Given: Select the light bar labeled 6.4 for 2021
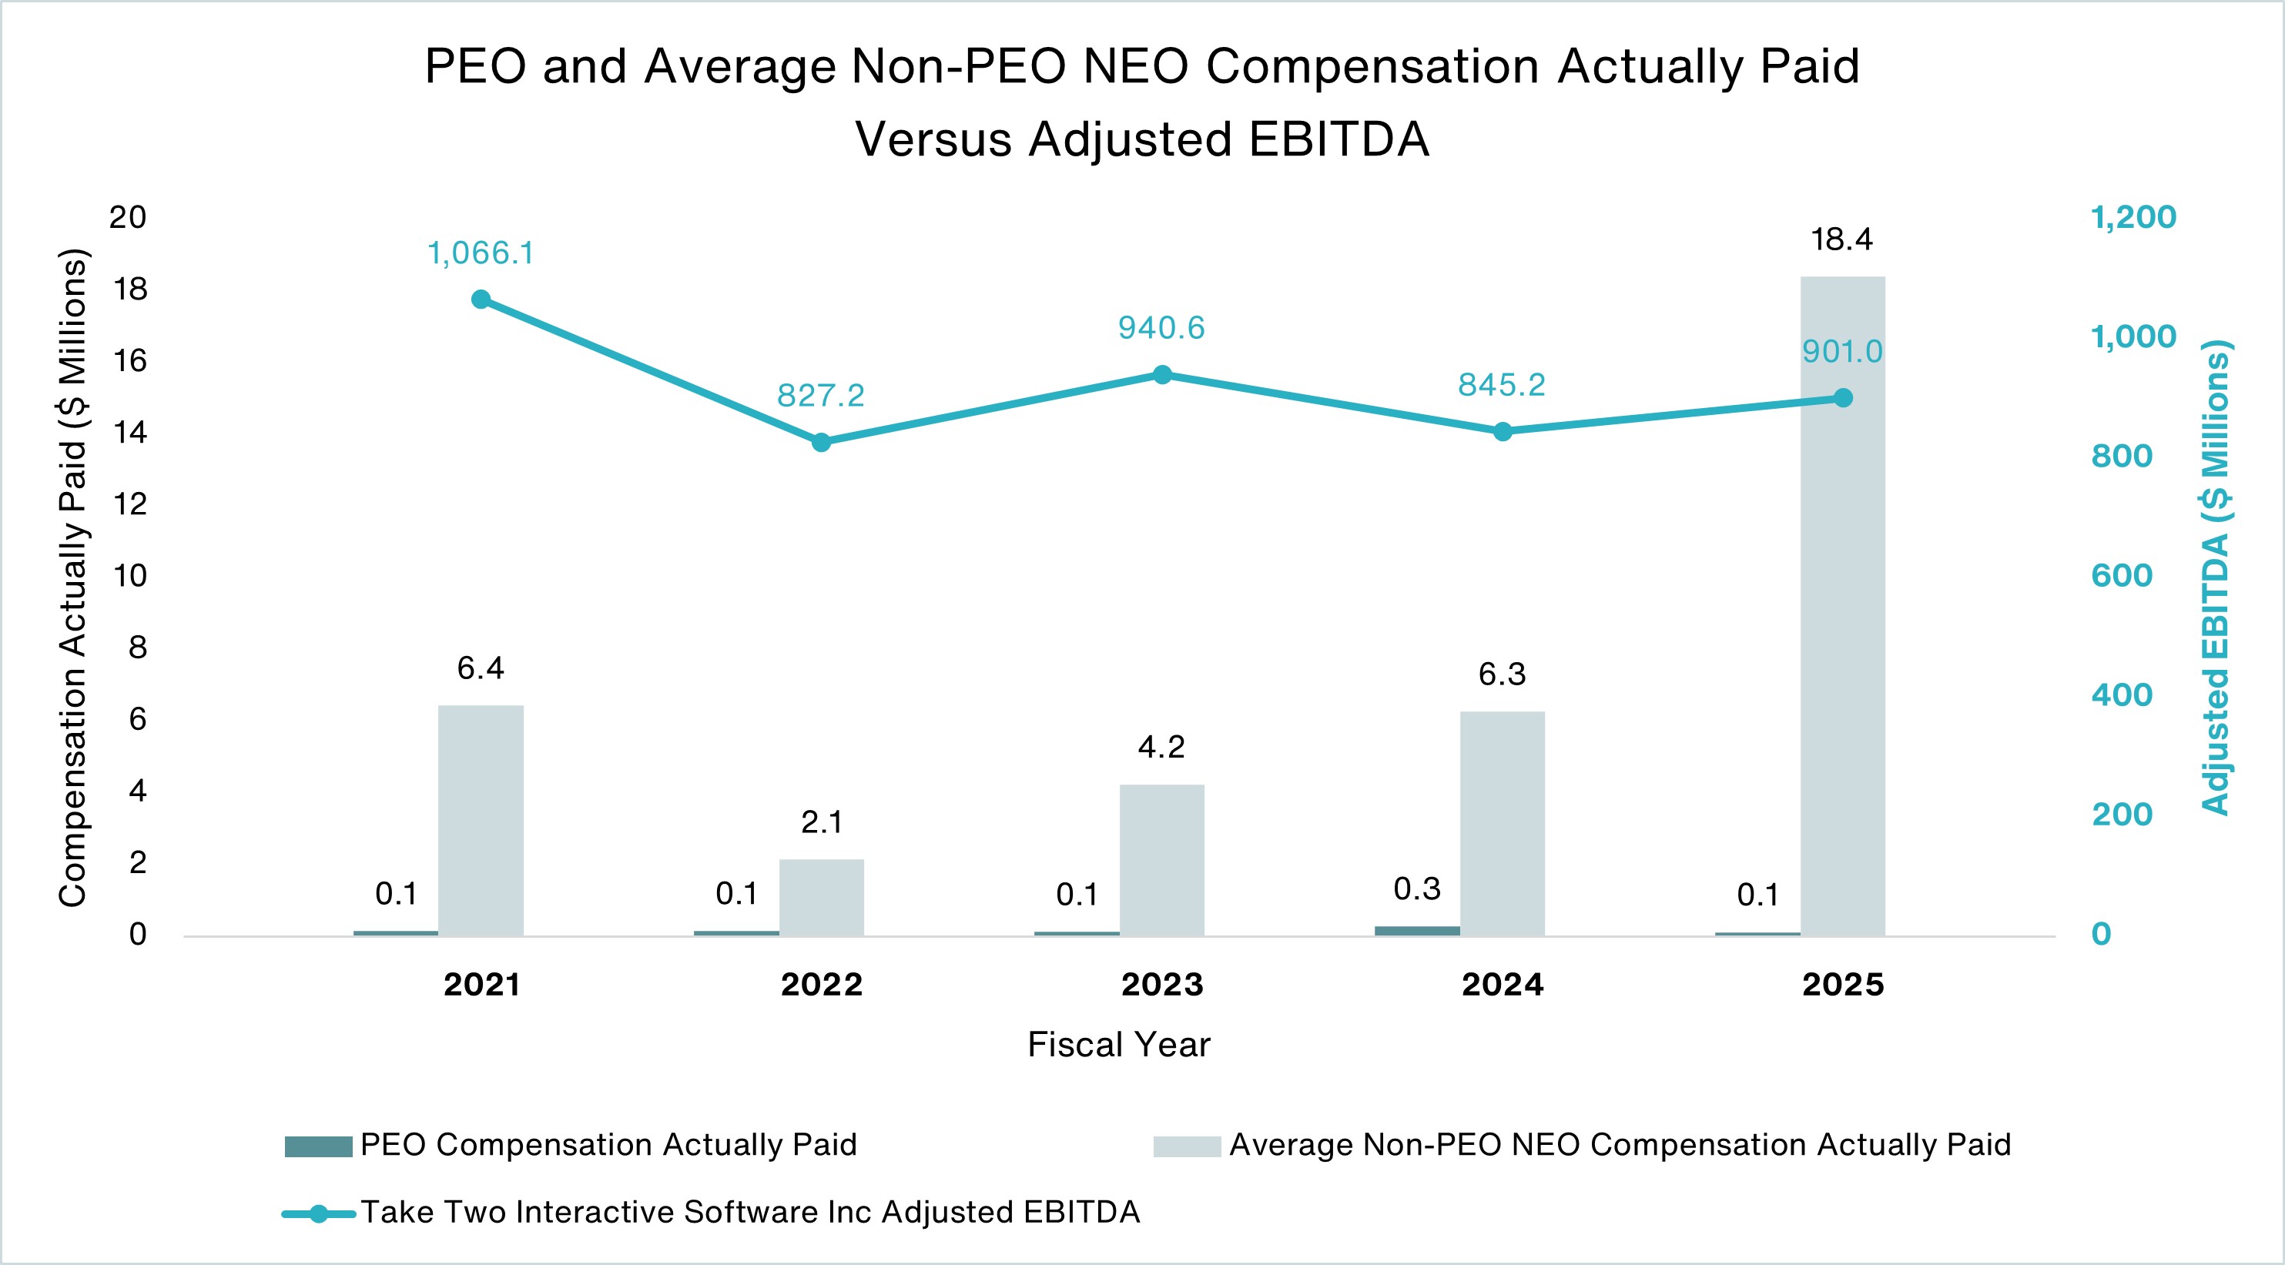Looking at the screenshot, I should tap(481, 821).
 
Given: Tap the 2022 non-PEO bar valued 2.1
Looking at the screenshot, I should tap(822, 897).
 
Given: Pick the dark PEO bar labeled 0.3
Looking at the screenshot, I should tap(1416, 931).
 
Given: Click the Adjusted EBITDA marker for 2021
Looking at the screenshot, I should tap(481, 300).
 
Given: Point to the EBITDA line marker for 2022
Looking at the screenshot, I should tap(822, 442).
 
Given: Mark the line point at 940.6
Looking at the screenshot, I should tap(1162, 375).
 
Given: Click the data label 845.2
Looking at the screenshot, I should tap(1502, 385).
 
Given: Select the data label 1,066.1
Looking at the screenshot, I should tap(481, 254).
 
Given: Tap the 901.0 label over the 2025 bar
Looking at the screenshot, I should tap(1842, 352).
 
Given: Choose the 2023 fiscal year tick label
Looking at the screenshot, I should tap(1162, 985).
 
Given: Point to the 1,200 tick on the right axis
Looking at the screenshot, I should tap(2133, 217).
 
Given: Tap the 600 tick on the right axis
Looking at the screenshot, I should tap(2122, 576).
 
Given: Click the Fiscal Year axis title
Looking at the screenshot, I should tap(1118, 1045).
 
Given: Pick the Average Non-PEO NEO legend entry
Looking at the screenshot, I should tap(1619, 1145).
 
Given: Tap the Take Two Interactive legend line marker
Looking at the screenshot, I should tap(318, 1213).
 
